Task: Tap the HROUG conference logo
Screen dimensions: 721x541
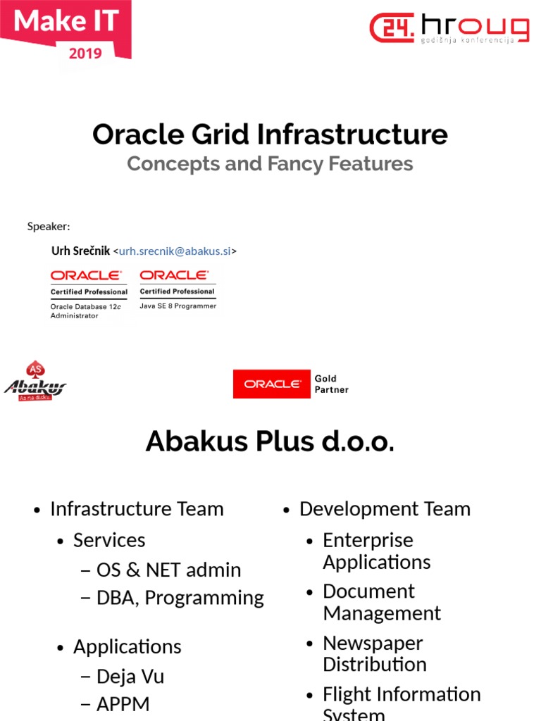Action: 449,28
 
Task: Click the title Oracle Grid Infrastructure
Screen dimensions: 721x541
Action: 270,134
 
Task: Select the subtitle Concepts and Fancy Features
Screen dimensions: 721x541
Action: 270,164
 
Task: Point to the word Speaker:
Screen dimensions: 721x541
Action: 49,226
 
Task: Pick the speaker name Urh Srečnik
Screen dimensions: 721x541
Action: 80,251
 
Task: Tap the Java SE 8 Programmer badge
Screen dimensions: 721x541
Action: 178,289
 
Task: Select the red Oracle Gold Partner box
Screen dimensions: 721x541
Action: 272,384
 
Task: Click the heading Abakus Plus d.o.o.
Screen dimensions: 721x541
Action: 270,441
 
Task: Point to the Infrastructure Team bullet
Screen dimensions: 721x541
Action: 137,509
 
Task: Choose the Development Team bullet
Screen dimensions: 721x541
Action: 385,509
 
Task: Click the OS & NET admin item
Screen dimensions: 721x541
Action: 168,570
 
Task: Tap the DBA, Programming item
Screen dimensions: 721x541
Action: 180,598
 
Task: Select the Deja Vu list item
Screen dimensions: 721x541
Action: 130,677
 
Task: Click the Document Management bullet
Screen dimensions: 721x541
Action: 381,602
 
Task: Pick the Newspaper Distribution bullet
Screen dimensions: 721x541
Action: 374,654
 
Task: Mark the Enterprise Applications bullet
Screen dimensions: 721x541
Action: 376,551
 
